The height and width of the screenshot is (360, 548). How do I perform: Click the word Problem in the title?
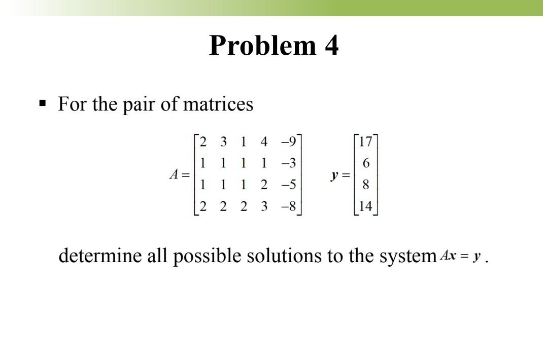click(257, 46)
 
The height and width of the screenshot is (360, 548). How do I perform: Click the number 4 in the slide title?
click(331, 46)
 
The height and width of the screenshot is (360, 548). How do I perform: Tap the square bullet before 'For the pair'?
click(43, 104)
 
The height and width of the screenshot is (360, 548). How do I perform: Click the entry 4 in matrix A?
click(263, 141)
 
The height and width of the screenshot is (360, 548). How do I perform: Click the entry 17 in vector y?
click(366, 141)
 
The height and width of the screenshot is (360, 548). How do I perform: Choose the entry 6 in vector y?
click(366, 163)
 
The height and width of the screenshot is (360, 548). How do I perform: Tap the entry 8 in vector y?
click(366, 185)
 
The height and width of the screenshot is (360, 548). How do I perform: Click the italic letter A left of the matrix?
click(174, 174)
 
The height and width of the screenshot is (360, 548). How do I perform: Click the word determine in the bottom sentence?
click(99, 256)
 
